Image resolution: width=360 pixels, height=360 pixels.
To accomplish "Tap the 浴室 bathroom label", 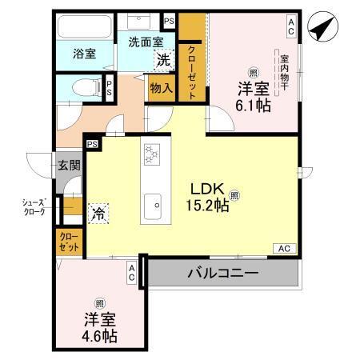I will pos(86,54).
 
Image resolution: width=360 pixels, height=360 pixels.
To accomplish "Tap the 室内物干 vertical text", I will pos(284,71).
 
